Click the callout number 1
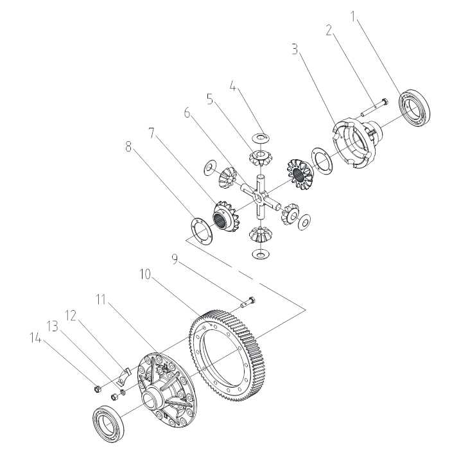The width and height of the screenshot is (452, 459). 353,17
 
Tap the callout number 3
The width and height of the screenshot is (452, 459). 295,49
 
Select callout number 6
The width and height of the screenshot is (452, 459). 187,113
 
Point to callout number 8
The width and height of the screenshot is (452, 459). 128,146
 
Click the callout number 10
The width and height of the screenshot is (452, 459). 145,275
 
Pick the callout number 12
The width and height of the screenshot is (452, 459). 71,316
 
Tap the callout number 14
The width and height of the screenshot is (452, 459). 36,338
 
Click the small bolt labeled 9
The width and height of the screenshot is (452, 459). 248,302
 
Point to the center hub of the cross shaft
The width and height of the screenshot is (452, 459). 258,198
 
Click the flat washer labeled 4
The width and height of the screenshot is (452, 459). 260,138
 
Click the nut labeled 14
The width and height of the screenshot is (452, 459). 98,389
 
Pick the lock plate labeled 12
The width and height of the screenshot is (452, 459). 123,376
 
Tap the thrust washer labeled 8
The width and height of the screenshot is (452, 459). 202,230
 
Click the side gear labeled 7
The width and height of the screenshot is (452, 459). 225,216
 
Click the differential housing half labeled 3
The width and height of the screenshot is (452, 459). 356,143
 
